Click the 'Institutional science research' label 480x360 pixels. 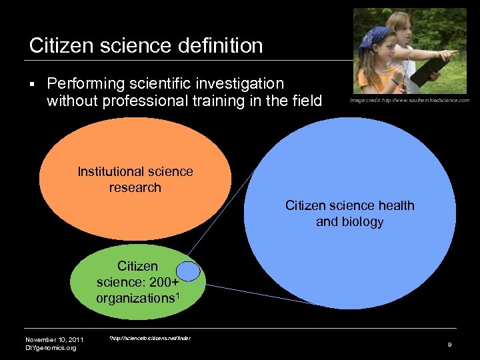click(135, 179)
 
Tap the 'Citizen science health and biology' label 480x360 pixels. click(349, 213)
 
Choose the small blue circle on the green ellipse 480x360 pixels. click(189, 271)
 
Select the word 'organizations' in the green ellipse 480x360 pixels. click(133, 298)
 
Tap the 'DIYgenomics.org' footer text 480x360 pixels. click(51, 347)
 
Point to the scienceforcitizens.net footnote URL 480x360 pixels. click(151, 338)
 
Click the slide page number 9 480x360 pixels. click(450, 343)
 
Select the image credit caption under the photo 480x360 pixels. click(409, 100)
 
